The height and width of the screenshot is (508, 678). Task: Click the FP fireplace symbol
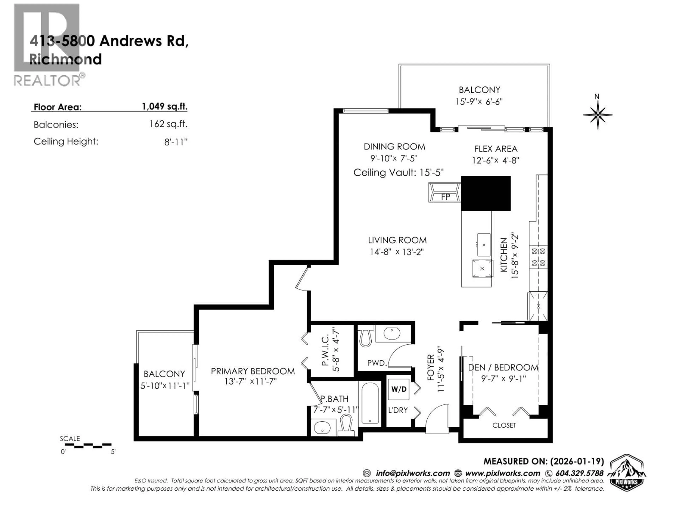[x=445, y=192]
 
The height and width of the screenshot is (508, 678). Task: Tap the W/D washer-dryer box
[x=399, y=389]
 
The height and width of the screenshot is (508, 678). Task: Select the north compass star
[x=597, y=115]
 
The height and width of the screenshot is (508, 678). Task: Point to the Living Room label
[x=397, y=240]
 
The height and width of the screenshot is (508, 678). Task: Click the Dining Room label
[x=394, y=147]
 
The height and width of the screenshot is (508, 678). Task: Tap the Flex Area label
[x=496, y=149]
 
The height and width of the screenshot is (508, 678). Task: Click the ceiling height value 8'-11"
[x=176, y=142]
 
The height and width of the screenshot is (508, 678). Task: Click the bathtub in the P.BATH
[x=370, y=403]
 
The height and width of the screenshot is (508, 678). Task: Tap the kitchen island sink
[x=484, y=245]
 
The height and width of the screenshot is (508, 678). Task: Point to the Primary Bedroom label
[x=252, y=371]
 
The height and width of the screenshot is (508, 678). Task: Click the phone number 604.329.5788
[x=579, y=473]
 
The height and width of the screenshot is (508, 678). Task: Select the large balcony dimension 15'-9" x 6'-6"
[x=479, y=101]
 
